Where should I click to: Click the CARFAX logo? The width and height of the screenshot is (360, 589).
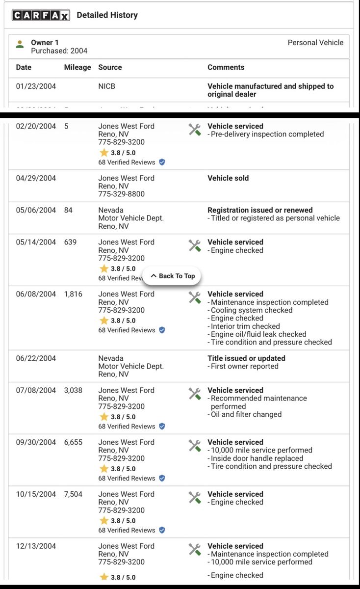[x=41, y=16]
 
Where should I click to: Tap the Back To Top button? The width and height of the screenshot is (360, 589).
[x=172, y=276]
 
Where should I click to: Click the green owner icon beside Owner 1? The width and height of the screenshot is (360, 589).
[x=20, y=45]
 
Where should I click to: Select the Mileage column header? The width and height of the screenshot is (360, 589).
[x=77, y=67]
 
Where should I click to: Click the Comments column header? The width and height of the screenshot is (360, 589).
[x=226, y=67]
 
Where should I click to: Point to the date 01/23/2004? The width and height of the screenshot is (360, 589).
[x=36, y=86]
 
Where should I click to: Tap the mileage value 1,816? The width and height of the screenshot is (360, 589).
[x=73, y=294]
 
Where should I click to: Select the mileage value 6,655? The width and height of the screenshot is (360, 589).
[x=73, y=442]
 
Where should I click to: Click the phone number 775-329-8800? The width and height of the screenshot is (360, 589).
[x=121, y=194]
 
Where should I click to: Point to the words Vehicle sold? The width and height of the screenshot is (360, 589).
[x=228, y=178]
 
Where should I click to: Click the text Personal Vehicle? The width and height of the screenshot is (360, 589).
[x=315, y=43]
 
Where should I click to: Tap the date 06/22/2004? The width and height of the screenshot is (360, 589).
[x=36, y=358]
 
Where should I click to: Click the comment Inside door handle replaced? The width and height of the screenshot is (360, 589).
[x=257, y=458]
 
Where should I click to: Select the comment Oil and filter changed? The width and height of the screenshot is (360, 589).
[x=246, y=414]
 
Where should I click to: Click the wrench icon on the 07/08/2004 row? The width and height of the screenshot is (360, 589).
[x=195, y=393]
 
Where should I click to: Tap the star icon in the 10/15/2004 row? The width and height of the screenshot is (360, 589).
[x=104, y=520]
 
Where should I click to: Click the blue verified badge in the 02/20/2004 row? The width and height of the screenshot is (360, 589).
[x=162, y=162]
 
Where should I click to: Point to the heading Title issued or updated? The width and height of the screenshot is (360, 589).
[x=246, y=358]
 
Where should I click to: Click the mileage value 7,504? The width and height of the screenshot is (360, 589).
[x=73, y=494]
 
